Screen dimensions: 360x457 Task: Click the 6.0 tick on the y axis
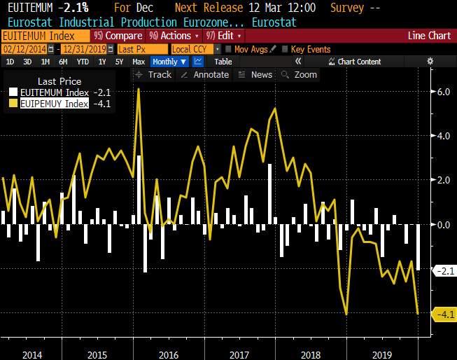(x=443, y=91)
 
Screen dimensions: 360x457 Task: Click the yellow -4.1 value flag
(x=445, y=314)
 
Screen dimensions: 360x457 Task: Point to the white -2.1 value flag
(x=445, y=270)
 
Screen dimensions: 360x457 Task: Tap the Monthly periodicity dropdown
(x=169, y=62)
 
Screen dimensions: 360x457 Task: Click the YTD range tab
(x=83, y=62)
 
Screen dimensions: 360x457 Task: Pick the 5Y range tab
(x=119, y=62)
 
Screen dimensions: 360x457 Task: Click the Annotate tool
(x=206, y=74)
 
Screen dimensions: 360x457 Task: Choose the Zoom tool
(x=301, y=74)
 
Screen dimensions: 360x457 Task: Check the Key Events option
(x=308, y=49)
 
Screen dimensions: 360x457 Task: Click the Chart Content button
(x=358, y=62)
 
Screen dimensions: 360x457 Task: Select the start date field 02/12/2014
(x=24, y=49)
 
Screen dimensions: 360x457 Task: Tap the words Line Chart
(x=430, y=36)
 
